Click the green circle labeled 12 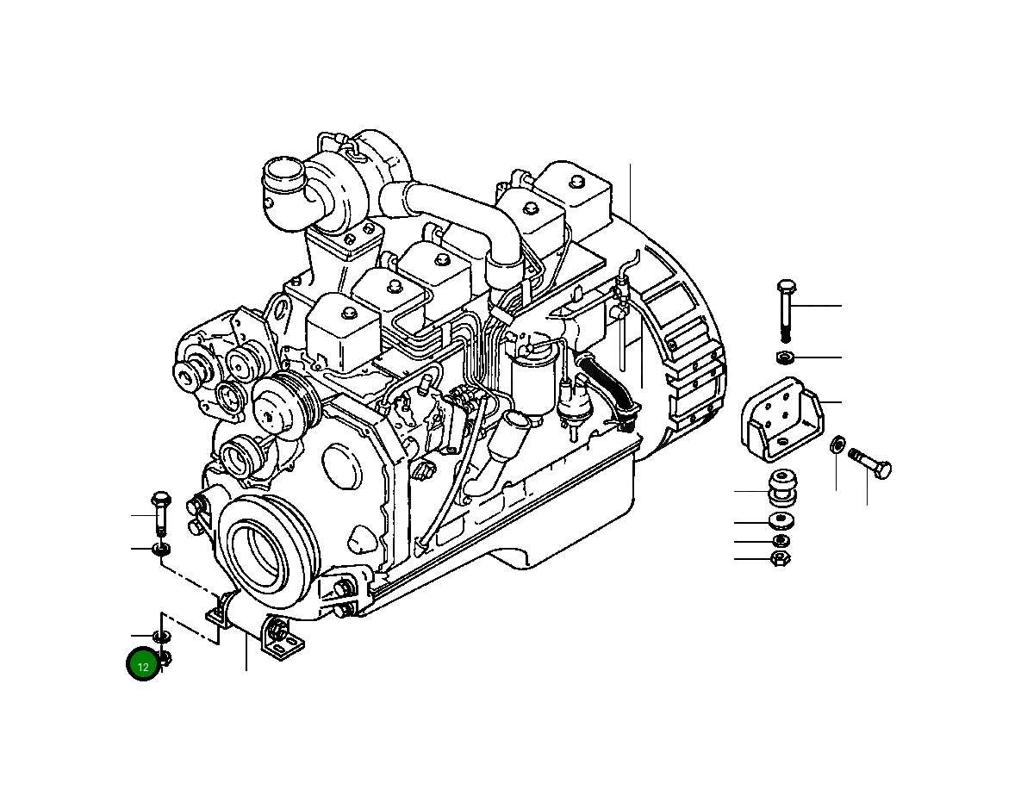143,665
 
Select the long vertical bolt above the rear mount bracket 786,310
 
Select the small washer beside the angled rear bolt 836,445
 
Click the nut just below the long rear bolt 784,357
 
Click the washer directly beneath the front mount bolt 160,549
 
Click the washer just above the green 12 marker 161,637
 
